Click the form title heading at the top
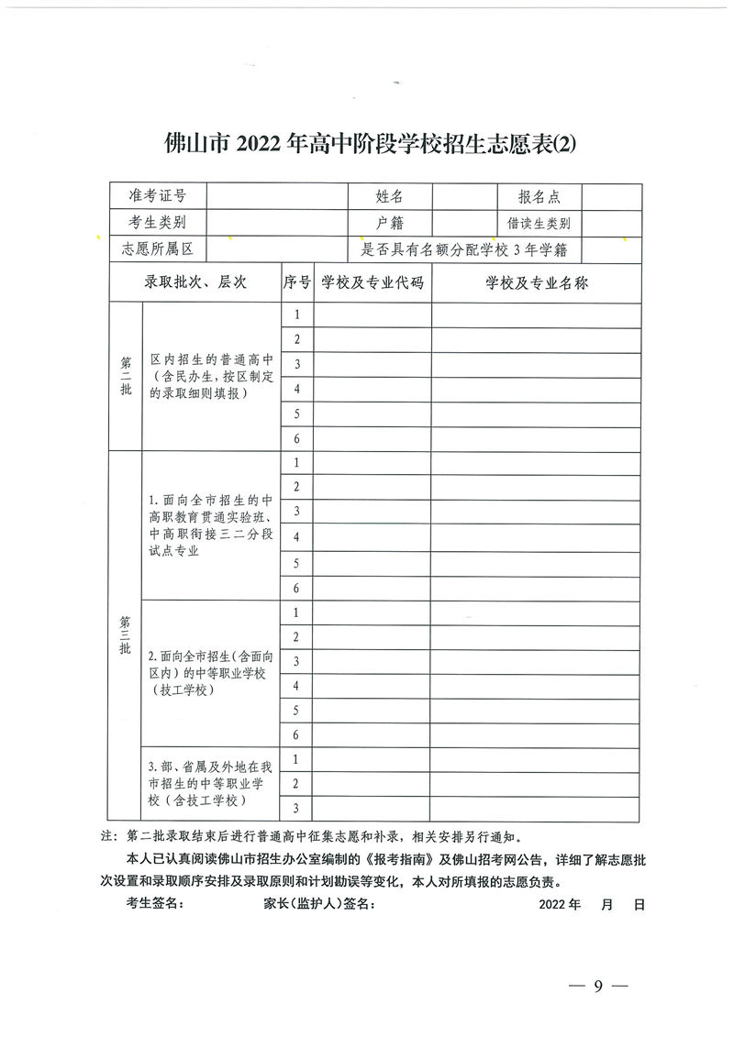tap(367, 145)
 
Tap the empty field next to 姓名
tap(463, 196)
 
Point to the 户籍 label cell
tap(389, 223)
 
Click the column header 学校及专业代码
tap(373, 283)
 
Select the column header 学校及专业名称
tap(537, 283)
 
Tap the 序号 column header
tap(296, 283)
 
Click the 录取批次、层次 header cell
tap(195, 283)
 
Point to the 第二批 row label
tap(126, 376)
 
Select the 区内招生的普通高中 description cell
tap(210, 376)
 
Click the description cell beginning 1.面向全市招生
tap(210, 526)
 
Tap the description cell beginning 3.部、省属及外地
tap(210, 784)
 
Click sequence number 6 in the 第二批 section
tap(296, 439)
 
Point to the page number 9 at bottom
tap(597, 987)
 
